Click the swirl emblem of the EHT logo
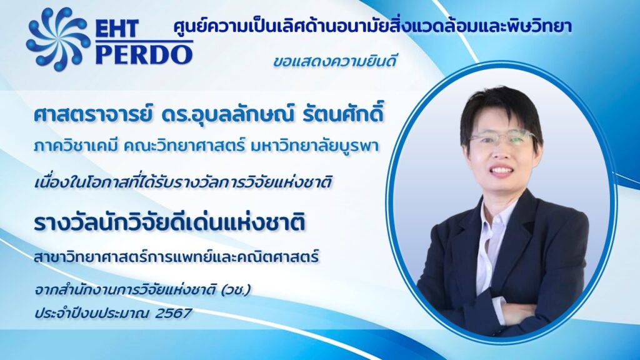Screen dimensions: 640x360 pyautogui.click(x=58, y=39)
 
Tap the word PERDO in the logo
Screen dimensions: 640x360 pyautogui.click(x=144, y=54)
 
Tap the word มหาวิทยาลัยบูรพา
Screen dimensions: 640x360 pyautogui.click(x=312, y=146)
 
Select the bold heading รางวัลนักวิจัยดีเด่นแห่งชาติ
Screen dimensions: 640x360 pyautogui.click(x=169, y=223)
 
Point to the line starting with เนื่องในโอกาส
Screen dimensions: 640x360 pyautogui.click(x=182, y=182)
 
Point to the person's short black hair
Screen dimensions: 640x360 pyautogui.click(x=501, y=115)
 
